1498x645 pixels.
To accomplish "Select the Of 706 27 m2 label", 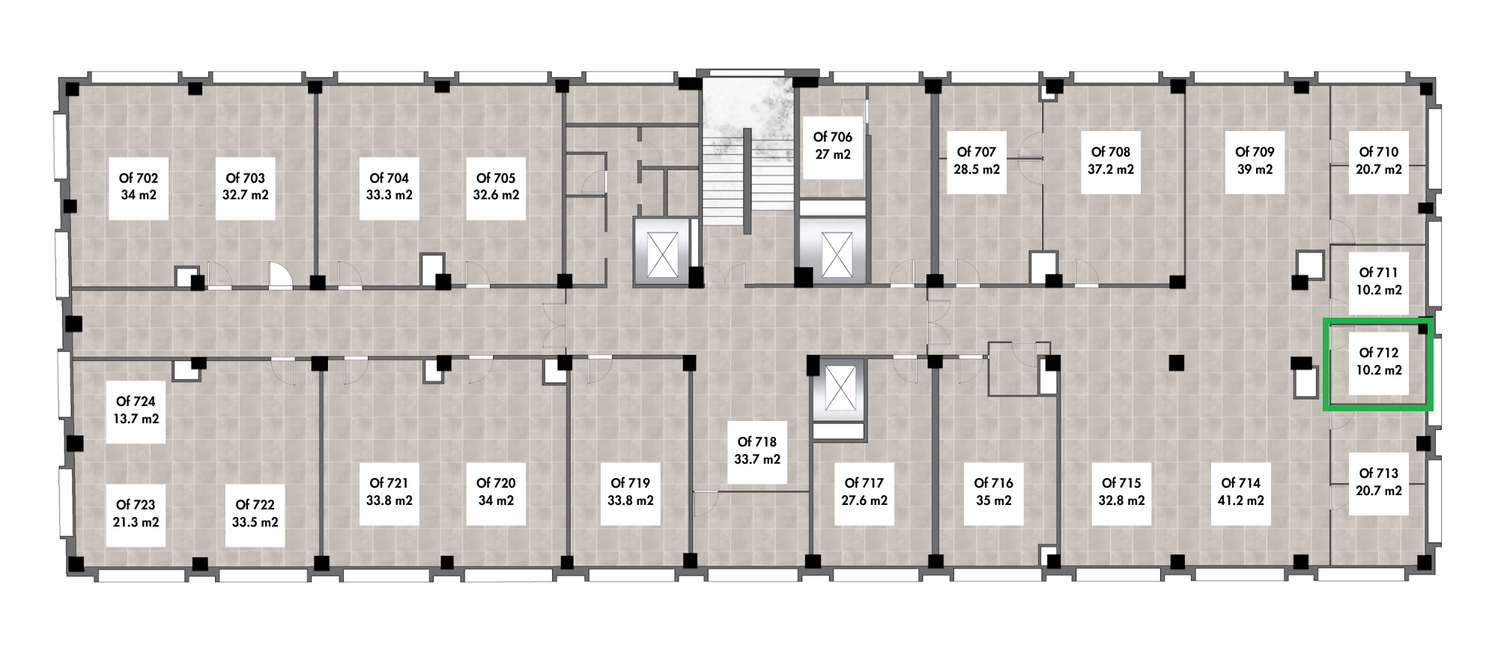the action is coord(832,145).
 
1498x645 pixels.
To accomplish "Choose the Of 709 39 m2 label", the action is coord(1255,160).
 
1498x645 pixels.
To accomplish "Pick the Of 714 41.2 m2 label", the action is coord(1240,492).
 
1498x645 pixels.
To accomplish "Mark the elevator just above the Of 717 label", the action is coord(838,390).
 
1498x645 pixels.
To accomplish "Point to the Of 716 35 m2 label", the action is coord(993,492).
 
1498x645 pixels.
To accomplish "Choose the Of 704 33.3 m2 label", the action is coord(389,187).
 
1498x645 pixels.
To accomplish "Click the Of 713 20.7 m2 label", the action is coord(1378,482).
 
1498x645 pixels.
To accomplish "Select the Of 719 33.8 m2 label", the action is coord(630,492).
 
